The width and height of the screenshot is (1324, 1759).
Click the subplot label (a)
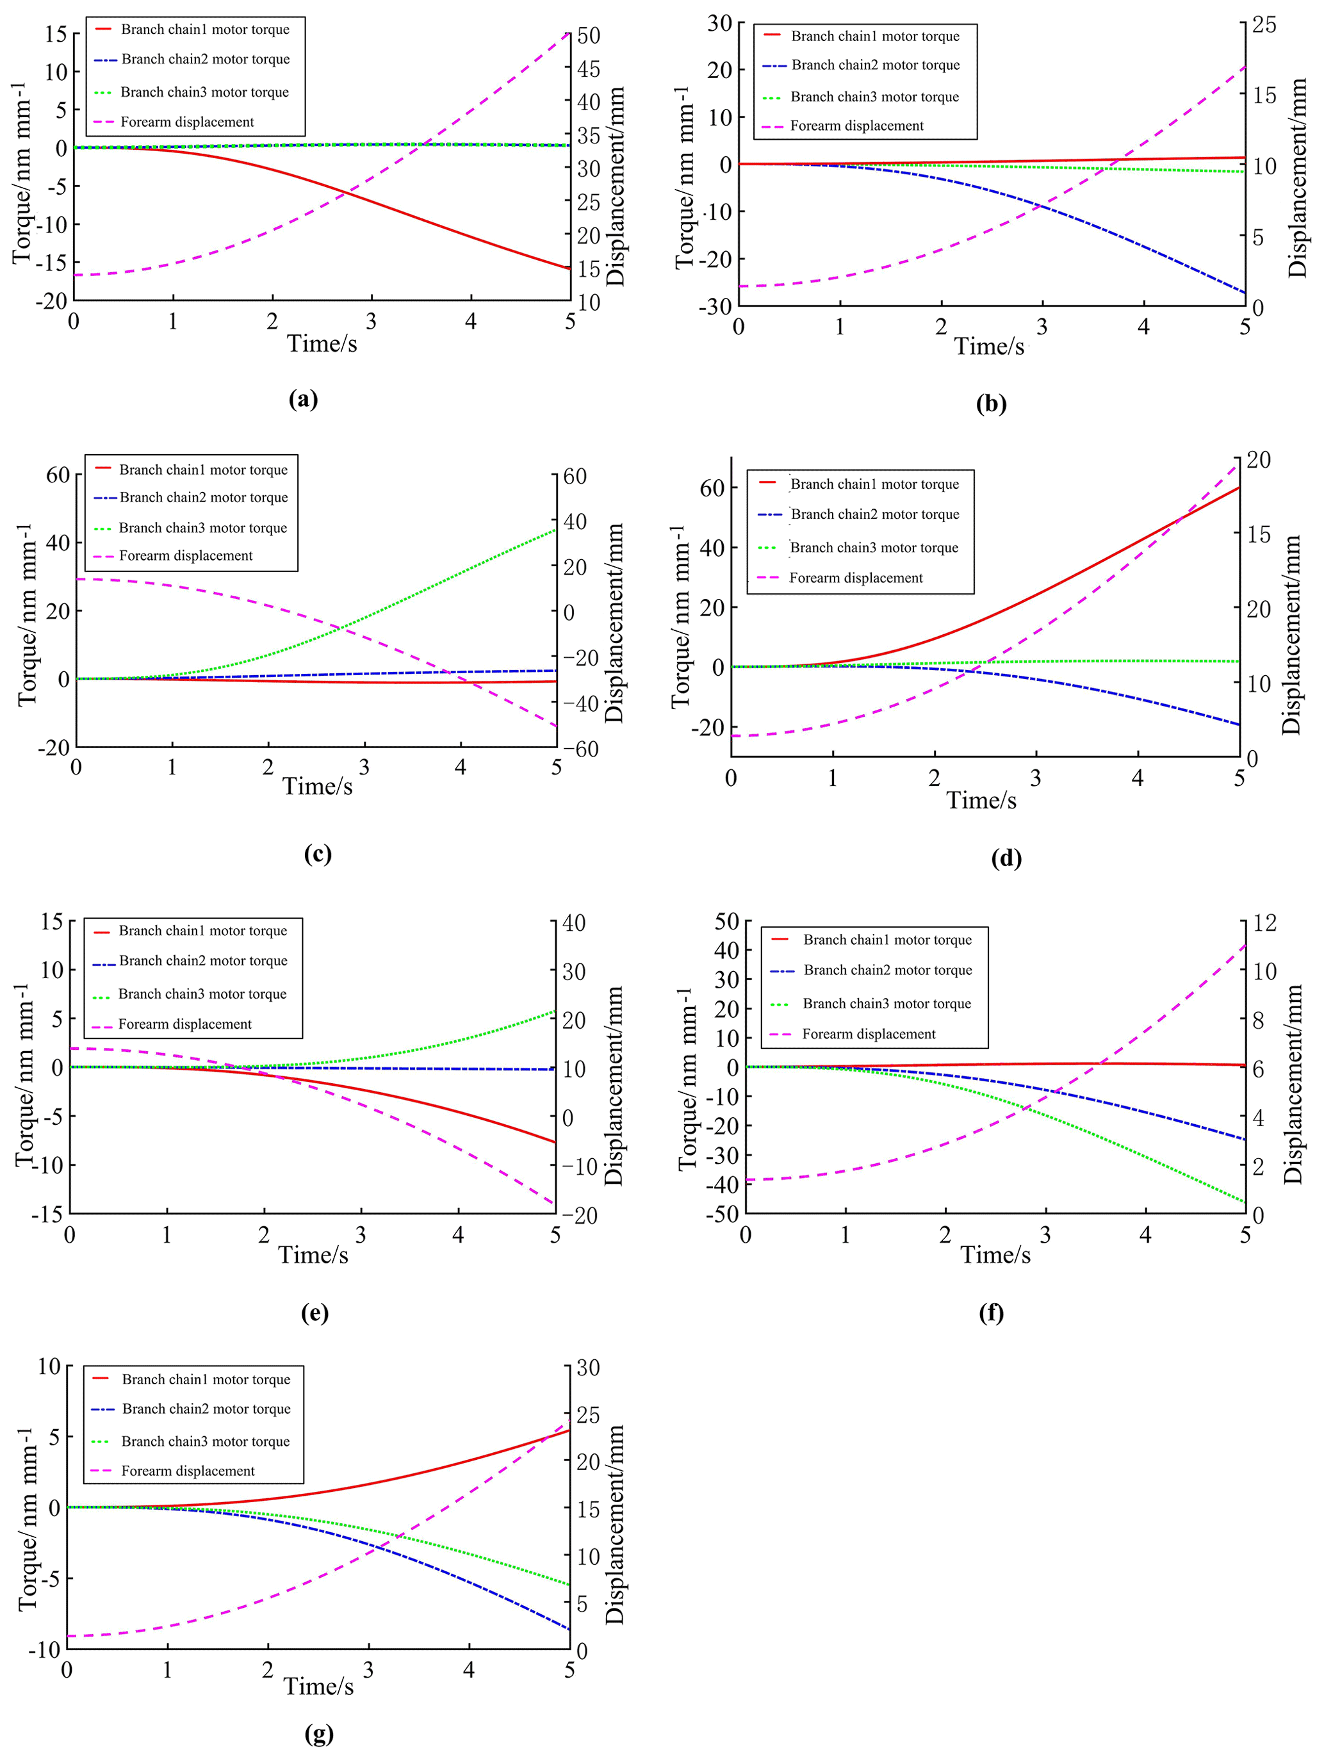(304, 398)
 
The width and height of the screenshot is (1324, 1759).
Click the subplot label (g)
(319, 1733)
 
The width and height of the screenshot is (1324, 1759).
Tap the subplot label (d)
(1006, 857)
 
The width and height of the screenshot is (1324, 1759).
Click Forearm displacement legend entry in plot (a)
(187, 122)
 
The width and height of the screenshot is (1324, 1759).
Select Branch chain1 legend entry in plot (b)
(875, 37)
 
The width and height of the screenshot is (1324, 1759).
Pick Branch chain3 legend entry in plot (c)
(203, 528)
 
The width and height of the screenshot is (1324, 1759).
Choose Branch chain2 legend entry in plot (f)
(887, 970)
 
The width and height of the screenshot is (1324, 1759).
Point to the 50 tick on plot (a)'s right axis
(589, 36)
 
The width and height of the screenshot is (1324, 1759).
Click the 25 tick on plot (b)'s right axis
(1264, 24)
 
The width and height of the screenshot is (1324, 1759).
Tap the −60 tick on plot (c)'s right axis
(580, 748)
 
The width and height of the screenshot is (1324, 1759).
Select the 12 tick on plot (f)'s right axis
(1264, 922)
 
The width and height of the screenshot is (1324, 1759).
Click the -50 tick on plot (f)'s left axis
(722, 1215)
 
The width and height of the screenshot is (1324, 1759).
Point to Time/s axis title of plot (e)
(313, 1255)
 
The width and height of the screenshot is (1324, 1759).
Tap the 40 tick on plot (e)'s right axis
(573, 922)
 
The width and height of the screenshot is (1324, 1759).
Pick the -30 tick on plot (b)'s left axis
(715, 307)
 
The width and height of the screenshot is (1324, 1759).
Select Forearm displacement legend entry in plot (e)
(184, 1024)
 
